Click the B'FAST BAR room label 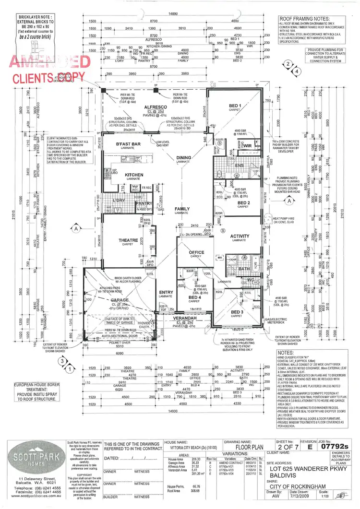pos(128,144)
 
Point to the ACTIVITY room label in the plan pos(240,236)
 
